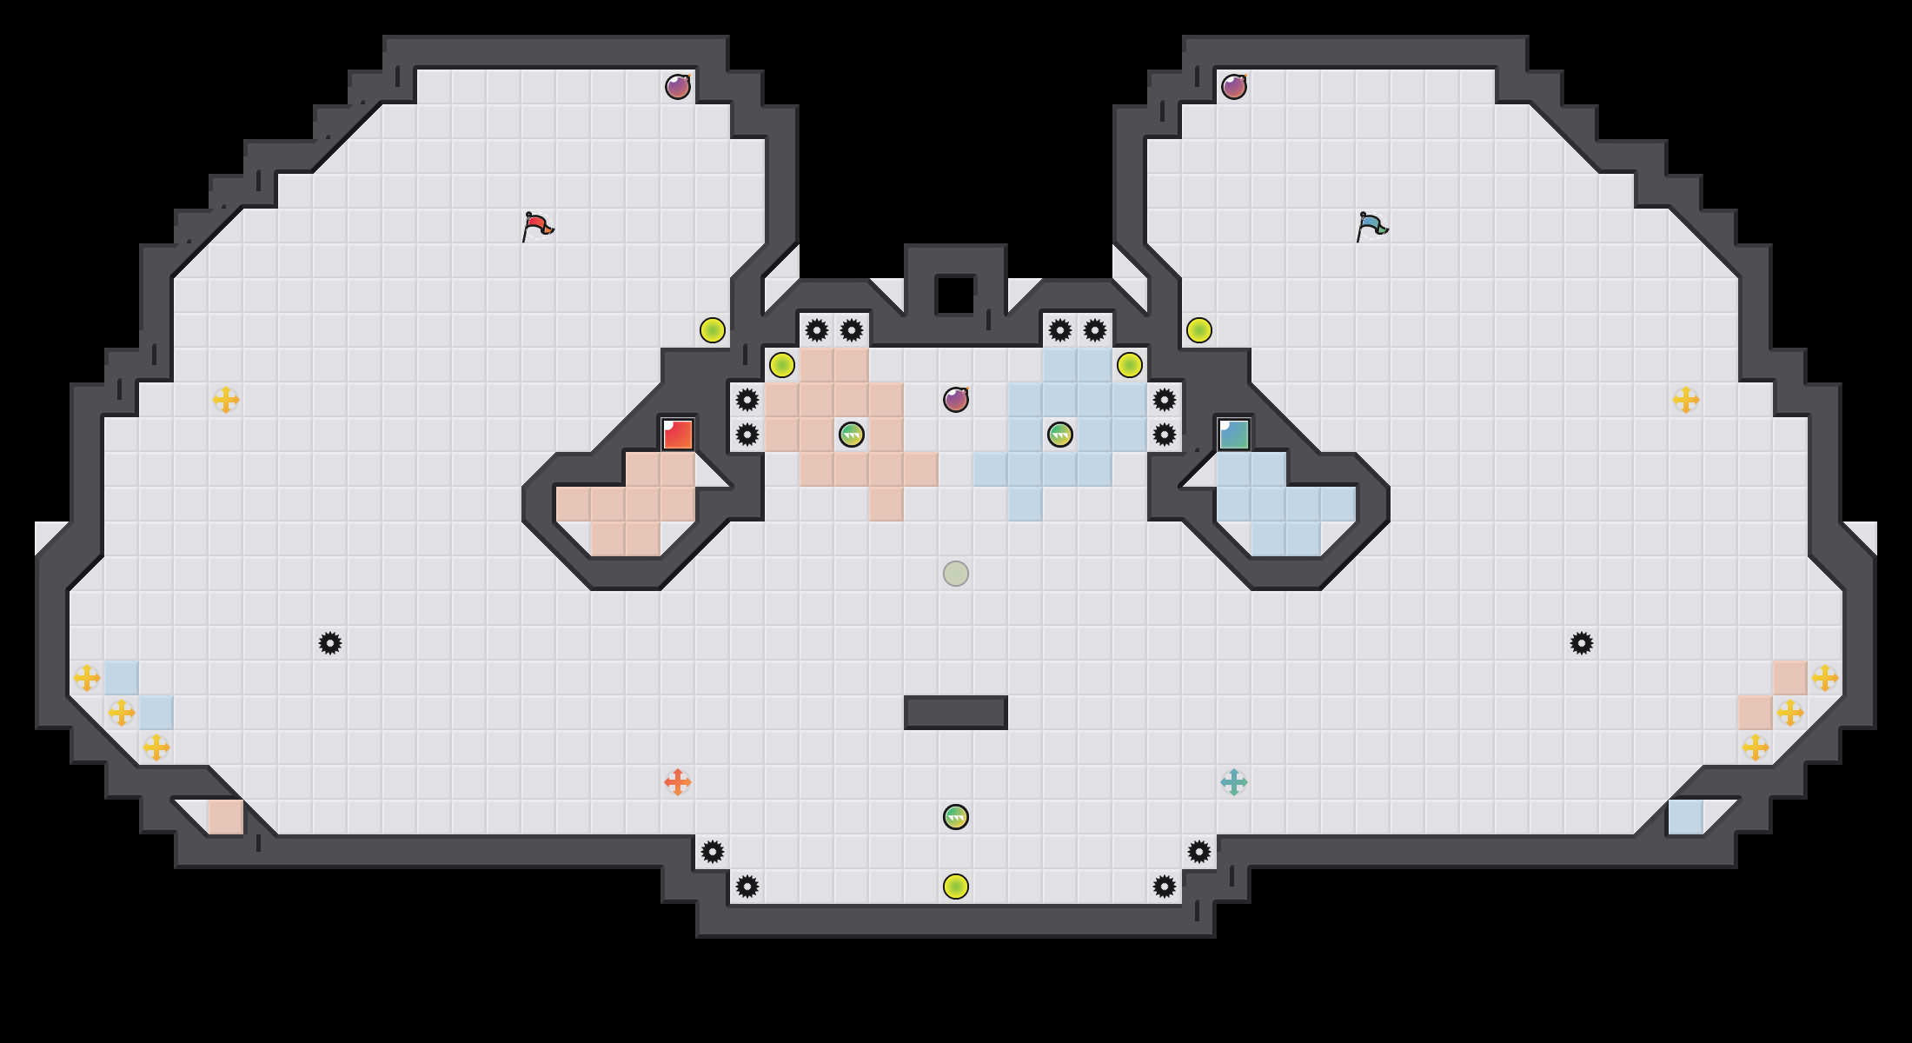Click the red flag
coord(537,226)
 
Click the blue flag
coord(1371,226)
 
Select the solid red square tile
coord(678,435)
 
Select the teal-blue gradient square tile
coord(1234,435)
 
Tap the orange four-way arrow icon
coord(678,782)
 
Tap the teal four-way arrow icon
coord(1234,782)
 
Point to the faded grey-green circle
coord(956,574)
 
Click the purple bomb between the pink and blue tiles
coord(956,400)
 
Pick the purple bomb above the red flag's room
coord(678,87)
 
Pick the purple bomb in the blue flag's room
coord(1234,87)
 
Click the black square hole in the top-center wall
coord(955,295)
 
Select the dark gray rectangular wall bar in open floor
coord(956,713)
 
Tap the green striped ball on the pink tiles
coord(852,435)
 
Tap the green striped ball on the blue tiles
coord(1060,435)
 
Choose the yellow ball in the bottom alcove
coord(956,887)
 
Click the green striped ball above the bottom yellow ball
coord(956,817)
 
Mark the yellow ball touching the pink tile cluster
coord(782,365)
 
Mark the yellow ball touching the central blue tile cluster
coord(1130,365)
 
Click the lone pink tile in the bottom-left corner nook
coord(226,817)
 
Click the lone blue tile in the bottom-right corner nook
coord(1686,817)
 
